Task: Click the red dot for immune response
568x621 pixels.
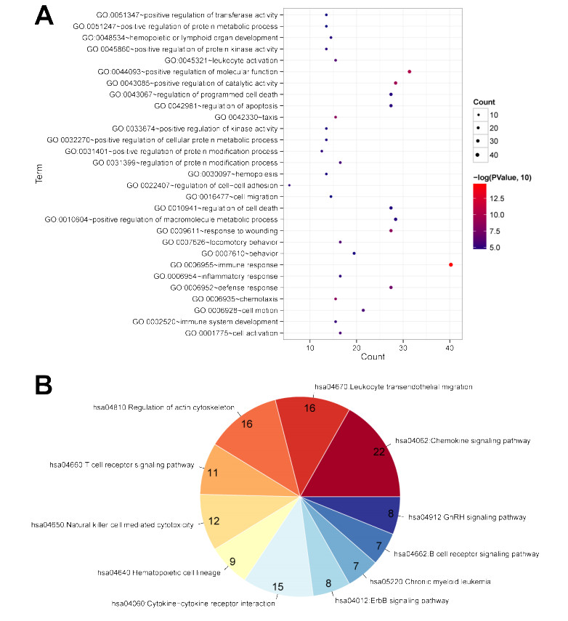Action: coord(451,264)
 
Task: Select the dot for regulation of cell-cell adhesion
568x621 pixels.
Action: coord(289,185)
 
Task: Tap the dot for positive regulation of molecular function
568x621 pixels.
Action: coord(410,71)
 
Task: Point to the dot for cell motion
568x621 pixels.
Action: coord(363,310)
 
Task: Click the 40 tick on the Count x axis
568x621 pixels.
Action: coord(450,349)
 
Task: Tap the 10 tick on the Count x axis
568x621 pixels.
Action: coord(310,349)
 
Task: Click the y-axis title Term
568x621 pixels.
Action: coord(40,174)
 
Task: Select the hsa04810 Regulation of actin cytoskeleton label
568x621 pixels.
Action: coord(163,407)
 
